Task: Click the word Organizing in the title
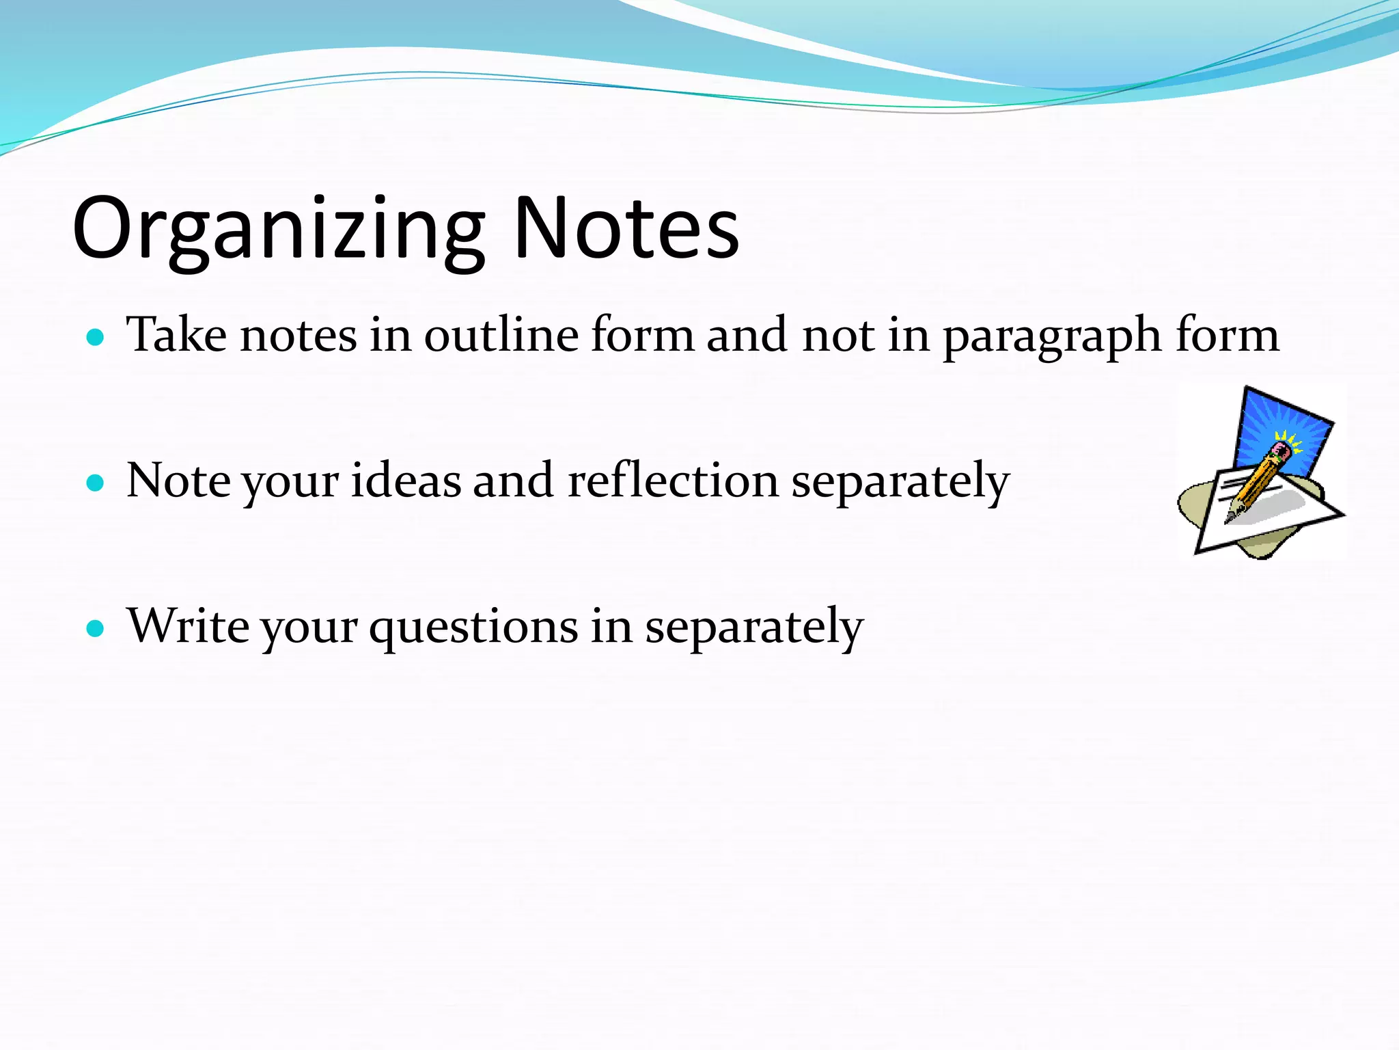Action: pyautogui.click(x=277, y=229)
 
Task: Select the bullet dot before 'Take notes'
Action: pyautogui.click(x=96, y=337)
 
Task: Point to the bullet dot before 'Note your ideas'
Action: pyautogui.click(x=96, y=483)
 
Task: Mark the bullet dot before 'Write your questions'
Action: pyautogui.click(x=96, y=628)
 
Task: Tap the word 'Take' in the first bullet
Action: pyautogui.click(x=177, y=336)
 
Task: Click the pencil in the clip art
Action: pyautogui.click(x=1256, y=483)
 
